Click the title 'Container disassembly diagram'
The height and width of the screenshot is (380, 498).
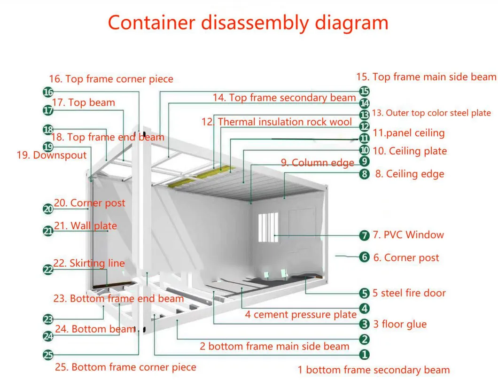[x=248, y=23]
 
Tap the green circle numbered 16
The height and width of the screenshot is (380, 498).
[x=48, y=92]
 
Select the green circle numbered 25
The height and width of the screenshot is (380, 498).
[x=48, y=355]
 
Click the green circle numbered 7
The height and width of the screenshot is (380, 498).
[x=364, y=235]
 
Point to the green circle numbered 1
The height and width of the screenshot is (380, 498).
[x=364, y=355]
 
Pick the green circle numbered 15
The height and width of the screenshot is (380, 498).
[x=364, y=91]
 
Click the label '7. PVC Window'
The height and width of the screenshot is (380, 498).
[x=408, y=235]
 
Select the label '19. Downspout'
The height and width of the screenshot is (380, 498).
[x=52, y=155]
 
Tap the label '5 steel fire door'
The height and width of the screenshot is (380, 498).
[x=409, y=293]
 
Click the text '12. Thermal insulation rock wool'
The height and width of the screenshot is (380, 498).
[x=277, y=122]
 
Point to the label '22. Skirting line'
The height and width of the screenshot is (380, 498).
[x=89, y=263]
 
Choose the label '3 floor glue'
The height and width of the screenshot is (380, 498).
[x=400, y=324]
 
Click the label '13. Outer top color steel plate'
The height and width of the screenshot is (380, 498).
[x=431, y=113]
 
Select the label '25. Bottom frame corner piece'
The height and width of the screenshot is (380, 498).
[x=125, y=367]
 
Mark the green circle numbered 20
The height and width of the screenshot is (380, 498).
[x=48, y=209]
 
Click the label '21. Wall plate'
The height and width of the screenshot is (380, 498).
[x=85, y=226]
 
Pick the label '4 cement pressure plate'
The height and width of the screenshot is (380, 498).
[x=300, y=315]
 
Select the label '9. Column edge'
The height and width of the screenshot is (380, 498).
[x=318, y=163]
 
